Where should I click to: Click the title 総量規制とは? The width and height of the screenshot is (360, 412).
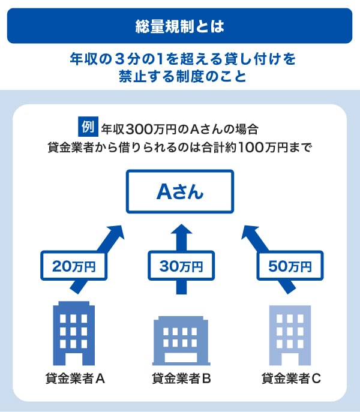tap(179, 26)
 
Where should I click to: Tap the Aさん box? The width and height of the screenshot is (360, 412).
tap(179, 191)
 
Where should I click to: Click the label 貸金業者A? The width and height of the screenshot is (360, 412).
tap(75, 378)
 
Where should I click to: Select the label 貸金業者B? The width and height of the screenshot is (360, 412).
tap(181, 378)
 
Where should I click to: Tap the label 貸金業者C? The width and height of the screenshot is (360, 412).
tap(291, 378)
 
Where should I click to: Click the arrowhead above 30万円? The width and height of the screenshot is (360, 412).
tap(180, 228)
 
